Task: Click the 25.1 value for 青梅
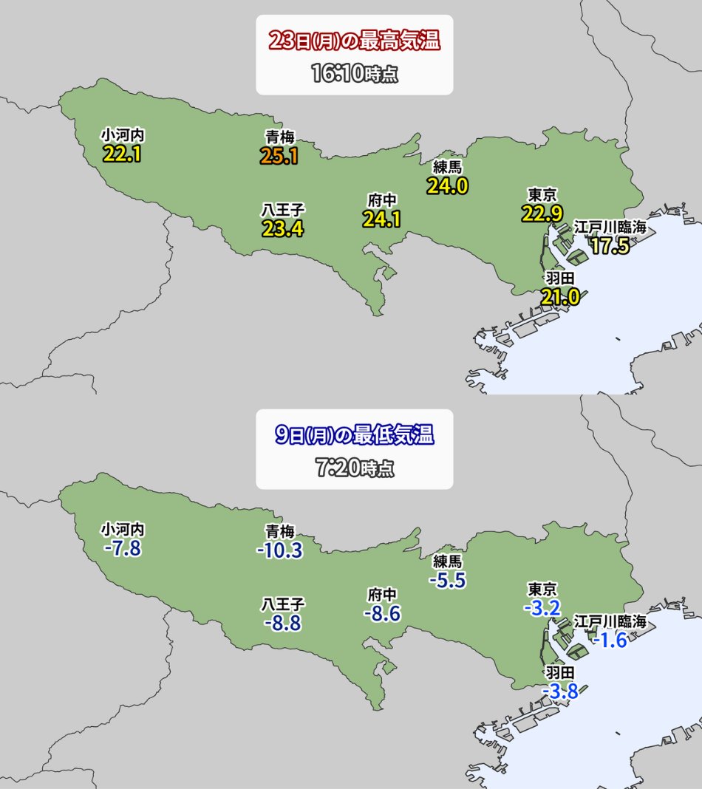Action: pyautogui.click(x=279, y=156)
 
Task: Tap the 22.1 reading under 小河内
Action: pyautogui.click(x=122, y=154)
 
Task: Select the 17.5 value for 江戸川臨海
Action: pyautogui.click(x=610, y=246)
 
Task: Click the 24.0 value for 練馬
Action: pyautogui.click(x=447, y=185)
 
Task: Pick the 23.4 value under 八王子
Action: pyautogui.click(x=283, y=228)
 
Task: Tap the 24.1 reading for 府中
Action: pyautogui.click(x=381, y=219)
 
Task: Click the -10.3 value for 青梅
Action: pyautogui.click(x=279, y=550)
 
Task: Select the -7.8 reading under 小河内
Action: pyautogui.click(x=122, y=549)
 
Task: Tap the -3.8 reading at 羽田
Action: pyautogui.click(x=559, y=691)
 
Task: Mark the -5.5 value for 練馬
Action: pyautogui.click(x=447, y=580)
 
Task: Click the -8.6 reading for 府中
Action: pyautogui.click(x=382, y=613)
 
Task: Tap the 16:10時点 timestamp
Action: pyautogui.click(x=355, y=74)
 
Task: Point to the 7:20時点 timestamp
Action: pyautogui.click(x=355, y=468)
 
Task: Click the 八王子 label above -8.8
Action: pyautogui.click(x=283, y=604)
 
